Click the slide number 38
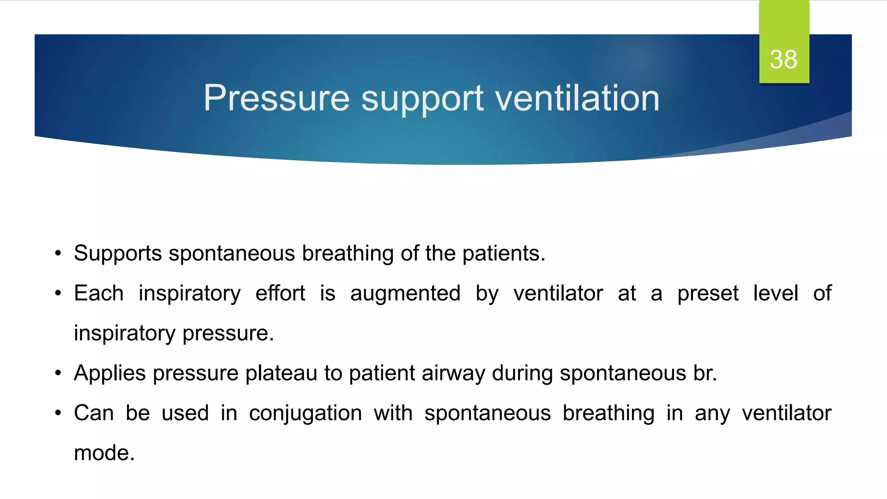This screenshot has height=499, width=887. [x=783, y=59]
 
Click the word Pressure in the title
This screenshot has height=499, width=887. [x=276, y=98]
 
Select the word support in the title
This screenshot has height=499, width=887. [x=422, y=99]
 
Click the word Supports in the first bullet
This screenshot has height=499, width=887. [x=118, y=253]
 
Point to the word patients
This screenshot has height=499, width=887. [x=503, y=253]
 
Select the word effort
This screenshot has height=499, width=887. [x=280, y=293]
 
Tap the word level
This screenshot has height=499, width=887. [x=776, y=293]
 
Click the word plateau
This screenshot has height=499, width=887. [x=281, y=373]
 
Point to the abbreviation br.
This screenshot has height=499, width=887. [x=705, y=373]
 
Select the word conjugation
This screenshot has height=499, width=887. [x=305, y=414]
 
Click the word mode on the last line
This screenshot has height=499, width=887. [x=104, y=453]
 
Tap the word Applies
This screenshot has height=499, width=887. [x=110, y=373]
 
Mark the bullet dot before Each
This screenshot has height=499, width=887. [x=58, y=294]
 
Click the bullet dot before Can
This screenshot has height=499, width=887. [x=58, y=413]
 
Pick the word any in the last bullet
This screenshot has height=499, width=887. [x=712, y=414]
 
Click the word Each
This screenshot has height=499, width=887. [x=99, y=293]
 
